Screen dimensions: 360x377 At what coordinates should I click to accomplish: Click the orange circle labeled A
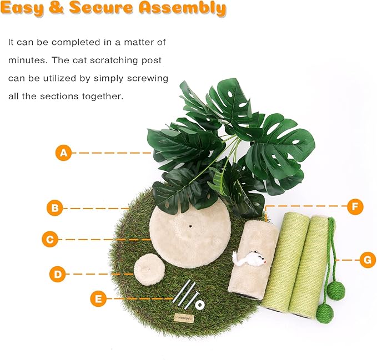point(64,153)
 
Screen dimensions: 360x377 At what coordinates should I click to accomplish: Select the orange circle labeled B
point(54,209)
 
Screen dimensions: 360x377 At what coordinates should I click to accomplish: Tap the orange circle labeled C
point(51,240)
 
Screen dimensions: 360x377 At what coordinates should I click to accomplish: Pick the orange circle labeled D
point(58,273)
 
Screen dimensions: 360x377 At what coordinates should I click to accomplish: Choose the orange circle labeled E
point(98,300)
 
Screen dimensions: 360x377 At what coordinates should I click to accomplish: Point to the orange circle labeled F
point(355,207)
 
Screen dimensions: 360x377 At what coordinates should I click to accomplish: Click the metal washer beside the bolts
point(198,305)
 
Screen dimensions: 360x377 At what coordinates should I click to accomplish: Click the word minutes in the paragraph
point(26,60)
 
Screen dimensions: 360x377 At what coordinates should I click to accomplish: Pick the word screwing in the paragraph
point(144,78)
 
